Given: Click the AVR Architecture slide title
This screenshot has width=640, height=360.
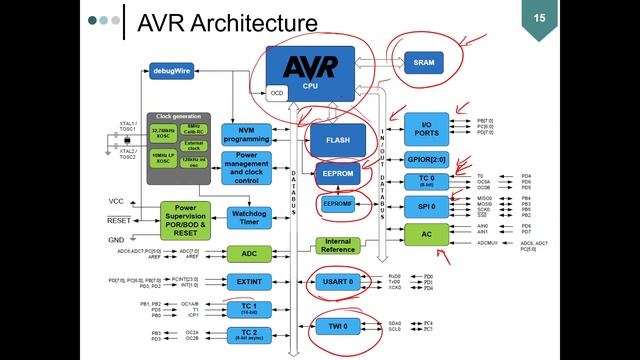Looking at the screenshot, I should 227,22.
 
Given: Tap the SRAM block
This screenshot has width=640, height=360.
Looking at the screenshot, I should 422,62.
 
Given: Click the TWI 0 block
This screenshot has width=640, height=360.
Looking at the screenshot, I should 337,326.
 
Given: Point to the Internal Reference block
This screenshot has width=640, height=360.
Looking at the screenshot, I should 337,245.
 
